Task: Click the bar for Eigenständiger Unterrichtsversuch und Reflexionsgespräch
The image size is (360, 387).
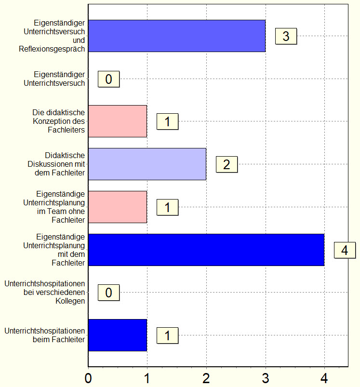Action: [176, 36]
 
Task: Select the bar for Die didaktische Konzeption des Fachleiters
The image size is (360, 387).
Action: [118, 121]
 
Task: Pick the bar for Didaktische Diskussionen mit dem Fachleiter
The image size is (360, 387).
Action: [147, 164]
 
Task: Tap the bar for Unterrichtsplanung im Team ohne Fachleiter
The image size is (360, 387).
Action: [118, 207]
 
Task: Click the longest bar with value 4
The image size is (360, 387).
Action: [206, 250]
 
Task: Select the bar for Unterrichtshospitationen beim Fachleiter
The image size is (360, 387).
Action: [118, 335]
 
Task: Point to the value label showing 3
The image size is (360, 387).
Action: [286, 36]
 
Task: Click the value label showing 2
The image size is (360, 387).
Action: [227, 165]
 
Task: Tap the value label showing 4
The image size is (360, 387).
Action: [345, 250]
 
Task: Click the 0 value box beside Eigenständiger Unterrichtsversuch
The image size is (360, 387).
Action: [108, 79]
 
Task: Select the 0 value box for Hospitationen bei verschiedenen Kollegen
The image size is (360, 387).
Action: [108, 293]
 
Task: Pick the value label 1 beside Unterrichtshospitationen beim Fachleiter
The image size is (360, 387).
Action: [167, 335]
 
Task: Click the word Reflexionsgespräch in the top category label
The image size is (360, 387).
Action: [52, 49]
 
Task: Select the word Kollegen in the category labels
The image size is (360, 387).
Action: [70, 301]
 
